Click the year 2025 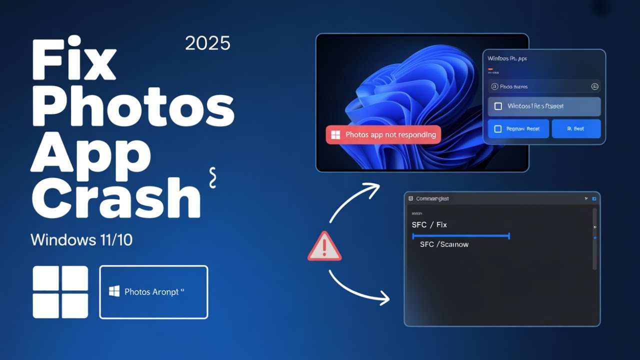pos(207,43)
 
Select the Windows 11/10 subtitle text pos(81,239)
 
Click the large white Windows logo pos(60,292)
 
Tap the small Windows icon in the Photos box pos(114,291)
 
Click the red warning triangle pos(324,246)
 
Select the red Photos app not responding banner pos(383,134)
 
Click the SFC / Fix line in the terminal pos(429,225)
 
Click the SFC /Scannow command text pos(444,244)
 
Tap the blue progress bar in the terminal pos(460,235)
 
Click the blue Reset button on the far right pos(575,129)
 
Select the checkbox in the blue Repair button pos(497,129)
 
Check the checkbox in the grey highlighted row pos(498,106)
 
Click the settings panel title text pos(507,58)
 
